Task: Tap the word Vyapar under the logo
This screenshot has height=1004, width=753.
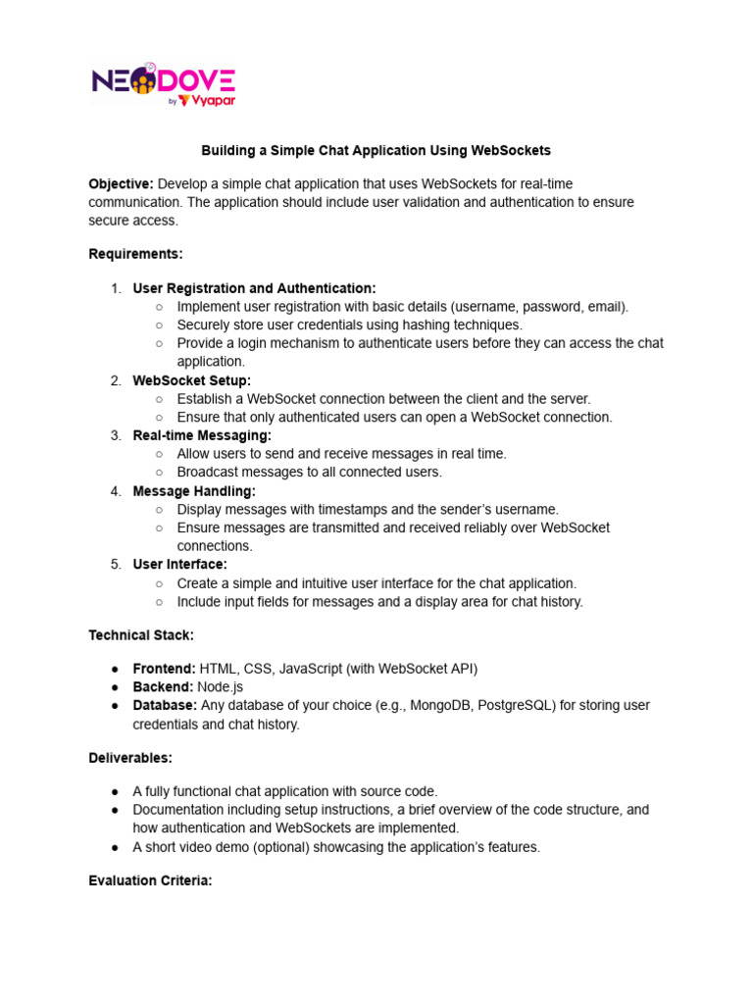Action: (x=214, y=100)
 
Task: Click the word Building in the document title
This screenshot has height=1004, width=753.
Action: (x=226, y=151)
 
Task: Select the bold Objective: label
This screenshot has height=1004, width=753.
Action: (x=121, y=184)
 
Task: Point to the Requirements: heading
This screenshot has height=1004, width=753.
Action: (x=135, y=254)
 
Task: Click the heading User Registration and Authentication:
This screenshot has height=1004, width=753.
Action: (x=254, y=288)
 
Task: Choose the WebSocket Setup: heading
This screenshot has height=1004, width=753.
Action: (x=191, y=380)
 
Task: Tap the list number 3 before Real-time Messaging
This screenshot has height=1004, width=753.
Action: (x=116, y=435)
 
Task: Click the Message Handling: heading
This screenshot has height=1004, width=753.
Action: (x=194, y=491)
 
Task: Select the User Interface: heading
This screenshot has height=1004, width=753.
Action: (x=179, y=565)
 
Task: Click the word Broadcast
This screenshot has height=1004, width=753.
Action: (x=209, y=472)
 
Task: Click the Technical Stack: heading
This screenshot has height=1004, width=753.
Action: (x=141, y=635)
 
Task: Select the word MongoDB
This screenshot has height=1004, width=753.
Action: (x=440, y=706)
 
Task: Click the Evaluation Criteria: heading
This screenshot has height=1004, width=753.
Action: (x=150, y=881)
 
